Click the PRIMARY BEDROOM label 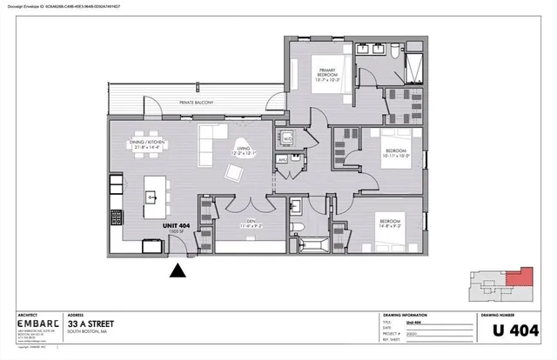[x=326, y=75]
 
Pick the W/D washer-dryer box [x=287, y=138]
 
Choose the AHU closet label [x=282, y=160]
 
